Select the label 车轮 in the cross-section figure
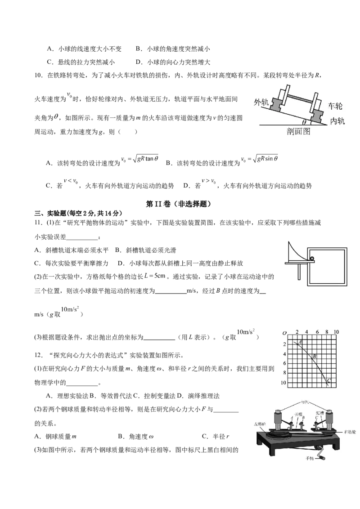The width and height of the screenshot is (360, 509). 335,106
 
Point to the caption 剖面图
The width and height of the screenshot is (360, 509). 298,132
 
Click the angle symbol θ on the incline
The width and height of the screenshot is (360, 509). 304,122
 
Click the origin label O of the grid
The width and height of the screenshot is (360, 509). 284,333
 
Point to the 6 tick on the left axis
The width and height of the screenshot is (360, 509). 283,364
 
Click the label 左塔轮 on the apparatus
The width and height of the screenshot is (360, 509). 261,424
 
